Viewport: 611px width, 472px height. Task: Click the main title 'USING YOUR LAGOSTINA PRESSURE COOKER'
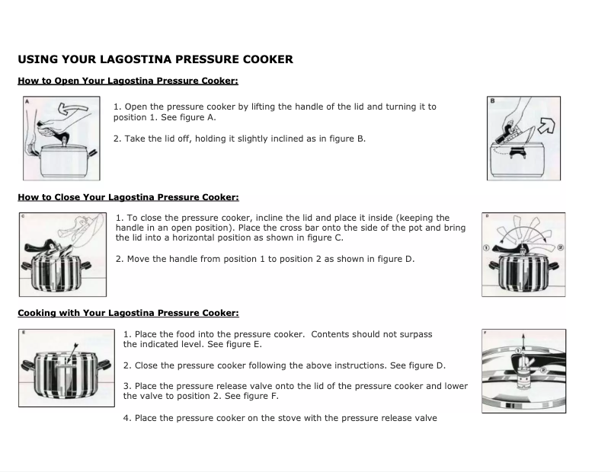[155, 59]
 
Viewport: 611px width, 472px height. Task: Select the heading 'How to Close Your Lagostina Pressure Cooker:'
[128, 197]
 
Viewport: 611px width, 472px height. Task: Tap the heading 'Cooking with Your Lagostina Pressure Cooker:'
[128, 313]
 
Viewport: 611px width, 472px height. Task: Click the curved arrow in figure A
[73, 111]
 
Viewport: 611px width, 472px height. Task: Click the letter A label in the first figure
[27, 101]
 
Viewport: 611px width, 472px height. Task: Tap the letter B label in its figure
[492, 100]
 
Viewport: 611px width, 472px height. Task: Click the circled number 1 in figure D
[485, 247]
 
